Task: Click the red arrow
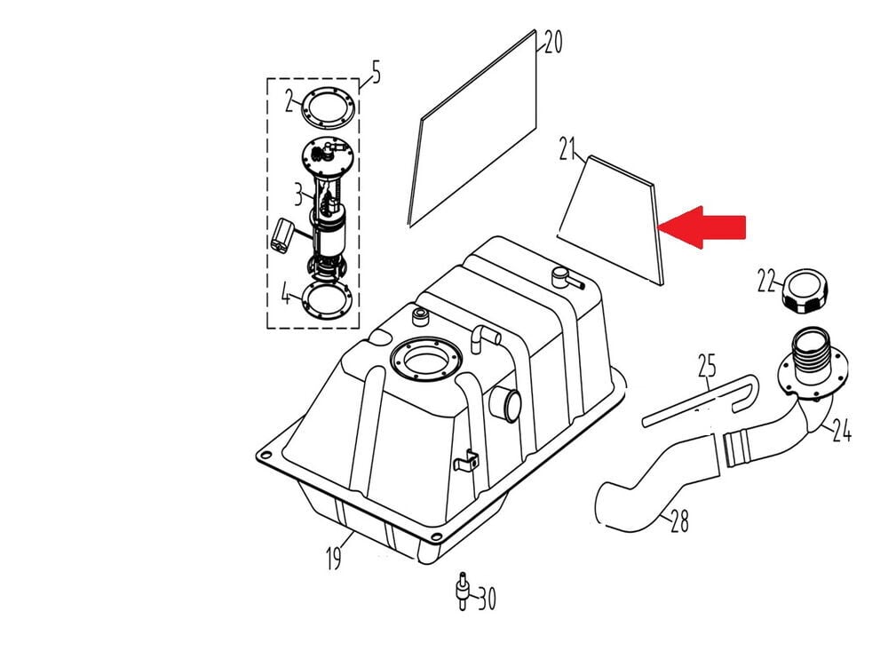click(702, 227)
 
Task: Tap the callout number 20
click(552, 42)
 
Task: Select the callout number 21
click(567, 148)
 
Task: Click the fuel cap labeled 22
click(805, 290)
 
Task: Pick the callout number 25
click(707, 366)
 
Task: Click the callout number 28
click(679, 520)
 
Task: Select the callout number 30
click(487, 599)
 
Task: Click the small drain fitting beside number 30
click(463, 592)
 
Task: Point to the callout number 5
click(376, 72)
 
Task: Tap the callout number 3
click(298, 194)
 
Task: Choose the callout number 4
click(287, 294)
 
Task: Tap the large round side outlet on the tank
click(506, 403)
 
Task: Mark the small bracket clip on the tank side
click(467, 459)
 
